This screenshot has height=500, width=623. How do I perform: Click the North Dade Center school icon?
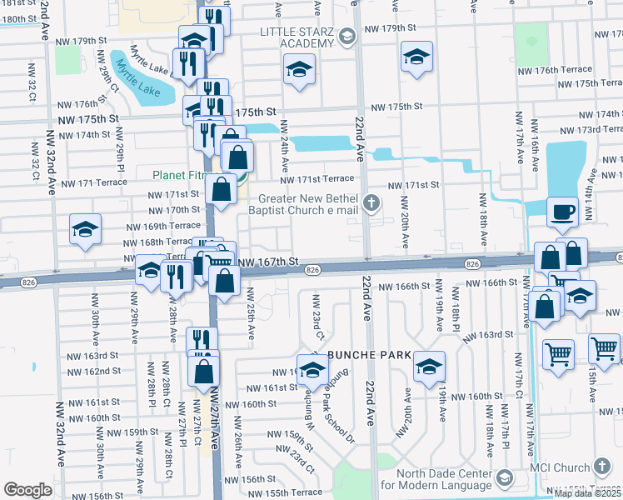503,477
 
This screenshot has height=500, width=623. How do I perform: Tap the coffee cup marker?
561,212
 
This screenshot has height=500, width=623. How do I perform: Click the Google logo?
27,490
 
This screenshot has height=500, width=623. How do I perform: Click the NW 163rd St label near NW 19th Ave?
501,334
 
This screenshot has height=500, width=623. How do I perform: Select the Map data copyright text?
587,493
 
